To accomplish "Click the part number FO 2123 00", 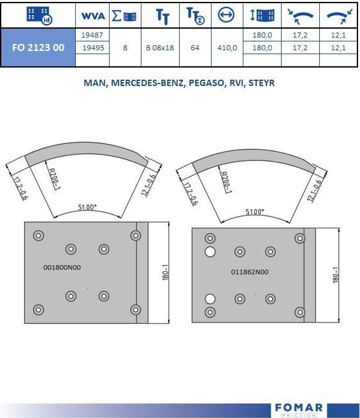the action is pyautogui.click(x=38, y=47).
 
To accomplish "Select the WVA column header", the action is pyautogui.click(x=93, y=16).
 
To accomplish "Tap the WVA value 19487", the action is pyautogui.click(x=92, y=35).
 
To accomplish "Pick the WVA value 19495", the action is pyautogui.click(x=93, y=48).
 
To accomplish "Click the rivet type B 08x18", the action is pyautogui.click(x=160, y=48).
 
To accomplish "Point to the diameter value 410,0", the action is pyautogui.click(x=227, y=48).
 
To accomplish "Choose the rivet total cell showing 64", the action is pyautogui.click(x=195, y=48).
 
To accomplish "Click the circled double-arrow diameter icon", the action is pyautogui.click(x=226, y=15).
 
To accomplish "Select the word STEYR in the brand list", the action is pyautogui.click(x=261, y=83).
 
